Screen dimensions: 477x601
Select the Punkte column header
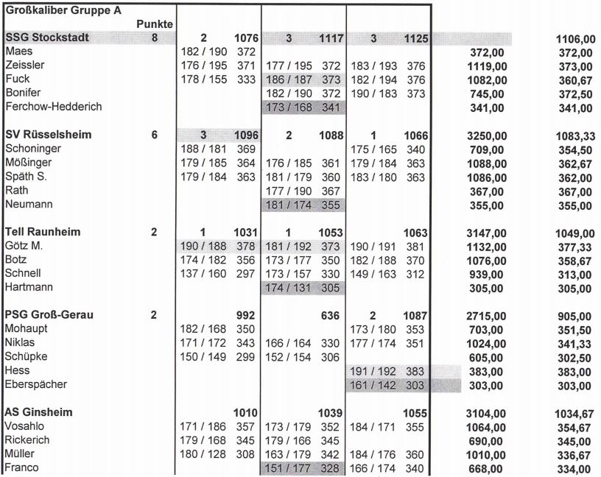pyautogui.click(x=155, y=24)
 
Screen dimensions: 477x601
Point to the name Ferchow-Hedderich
pyautogui.click(x=53, y=107)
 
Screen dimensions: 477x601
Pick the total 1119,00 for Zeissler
pyautogui.click(x=487, y=66)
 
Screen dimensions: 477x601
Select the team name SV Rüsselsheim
pyautogui.click(x=48, y=135)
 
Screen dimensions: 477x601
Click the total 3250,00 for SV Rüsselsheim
pyautogui.click(x=487, y=136)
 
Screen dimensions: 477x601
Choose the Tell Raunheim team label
pyautogui.click(x=43, y=232)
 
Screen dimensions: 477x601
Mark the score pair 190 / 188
pyautogui.click(x=203, y=246)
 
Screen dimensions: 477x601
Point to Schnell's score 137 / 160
pyautogui.click(x=203, y=273)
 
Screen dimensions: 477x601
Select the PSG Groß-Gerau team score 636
pyautogui.click(x=330, y=315)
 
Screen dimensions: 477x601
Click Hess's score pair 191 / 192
pyautogui.click(x=373, y=370)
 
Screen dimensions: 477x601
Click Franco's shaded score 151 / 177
pyautogui.click(x=288, y=468)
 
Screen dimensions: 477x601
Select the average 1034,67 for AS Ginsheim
pyautogui.click(x=574, y=413)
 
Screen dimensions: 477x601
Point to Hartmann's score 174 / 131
pyautogui.click(x=288, y=287)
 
